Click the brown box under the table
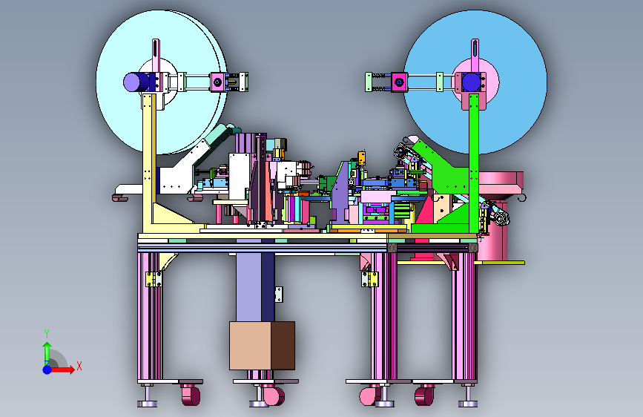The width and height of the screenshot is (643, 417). point(262,346)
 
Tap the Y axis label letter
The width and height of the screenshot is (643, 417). point(47,334)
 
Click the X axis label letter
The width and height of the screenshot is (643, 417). point(79,366)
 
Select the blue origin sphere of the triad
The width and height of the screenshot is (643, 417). point(47,370)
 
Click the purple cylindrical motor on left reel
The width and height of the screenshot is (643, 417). point(137,82)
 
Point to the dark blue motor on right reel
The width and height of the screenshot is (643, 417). point(471,82)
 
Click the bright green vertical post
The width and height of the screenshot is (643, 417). point(474,163)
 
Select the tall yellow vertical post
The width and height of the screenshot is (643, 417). point(149,163)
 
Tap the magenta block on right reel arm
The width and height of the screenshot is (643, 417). point(399,82)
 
